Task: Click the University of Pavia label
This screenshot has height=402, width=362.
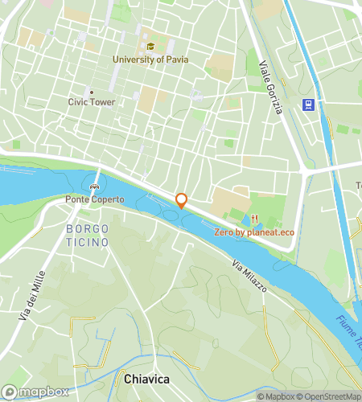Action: coord(150,59)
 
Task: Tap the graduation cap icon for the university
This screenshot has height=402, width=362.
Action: coord(150,46)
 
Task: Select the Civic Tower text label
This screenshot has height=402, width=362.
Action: coord(91,102)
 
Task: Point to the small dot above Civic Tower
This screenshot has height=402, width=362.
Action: coord(91,91)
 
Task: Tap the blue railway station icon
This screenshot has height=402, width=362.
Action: coord(307,104)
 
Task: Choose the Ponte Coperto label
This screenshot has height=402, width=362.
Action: coord(95,199)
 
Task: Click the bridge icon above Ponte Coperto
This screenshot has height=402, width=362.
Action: coord(95,187)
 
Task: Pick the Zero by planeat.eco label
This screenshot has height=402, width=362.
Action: coord(254,232)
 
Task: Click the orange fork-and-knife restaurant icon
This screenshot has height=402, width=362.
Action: coord(254,219)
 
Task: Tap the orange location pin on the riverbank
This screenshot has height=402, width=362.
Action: coord(181,201)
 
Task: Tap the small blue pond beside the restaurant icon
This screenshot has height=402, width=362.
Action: coord(244,219)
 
